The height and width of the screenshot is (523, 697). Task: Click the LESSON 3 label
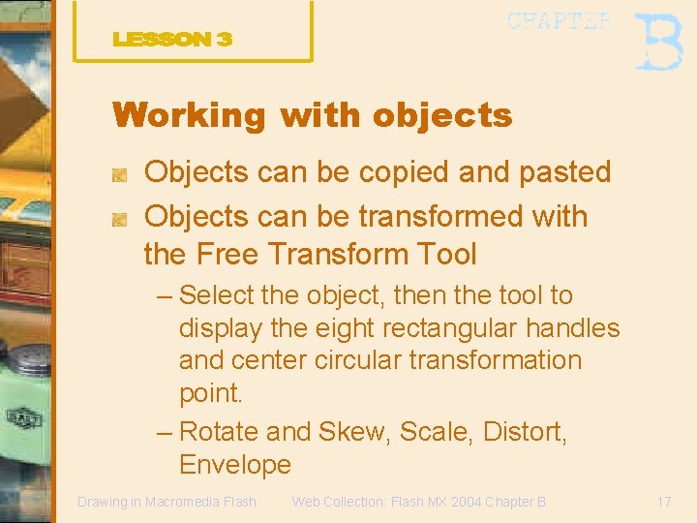tap(172, 40)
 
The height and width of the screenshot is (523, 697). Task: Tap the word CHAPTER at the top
tap(560, 21)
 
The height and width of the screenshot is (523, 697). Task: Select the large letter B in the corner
tap(657, 41)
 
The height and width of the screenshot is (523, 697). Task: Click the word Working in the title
tap(189, 115)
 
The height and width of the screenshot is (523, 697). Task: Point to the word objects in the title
tap(442, 115)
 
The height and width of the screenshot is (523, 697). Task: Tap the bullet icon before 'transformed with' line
tap(119, 220)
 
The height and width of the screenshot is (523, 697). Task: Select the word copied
tap(405, 172)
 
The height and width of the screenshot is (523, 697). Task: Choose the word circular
tap(357, 360)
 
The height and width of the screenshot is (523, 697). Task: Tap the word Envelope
tap(235, 465)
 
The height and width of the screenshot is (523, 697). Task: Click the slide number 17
tap(663, 502)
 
